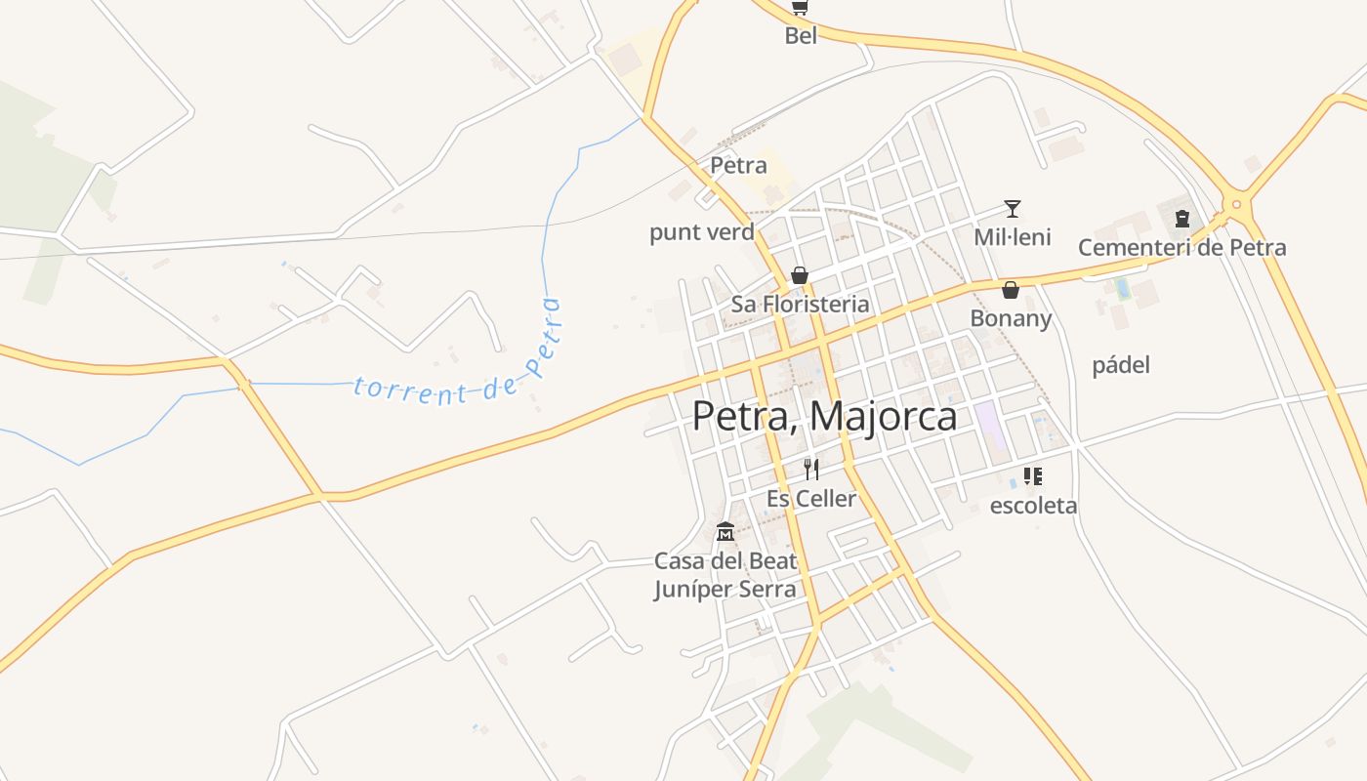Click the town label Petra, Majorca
point(824,416)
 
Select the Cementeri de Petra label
point(1181,248)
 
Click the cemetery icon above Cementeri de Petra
point(1182,219)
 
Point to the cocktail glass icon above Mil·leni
point(1013,209)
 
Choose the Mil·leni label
point(1013,237)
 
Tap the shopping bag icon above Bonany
point(1011,290)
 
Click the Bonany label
point(1011,319)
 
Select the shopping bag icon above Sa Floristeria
point(800,275)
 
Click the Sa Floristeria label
point(800,305)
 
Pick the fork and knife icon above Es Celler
point(810,470)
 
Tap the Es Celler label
point(810,499)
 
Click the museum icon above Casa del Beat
point(725,532)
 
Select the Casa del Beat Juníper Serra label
point(725,575)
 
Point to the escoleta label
point(1033,506)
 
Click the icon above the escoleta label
point(1033,476)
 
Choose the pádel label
point(1121,365)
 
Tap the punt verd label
point(702,232)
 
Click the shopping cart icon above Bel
point(800,8)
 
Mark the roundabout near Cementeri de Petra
point(1236,205)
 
